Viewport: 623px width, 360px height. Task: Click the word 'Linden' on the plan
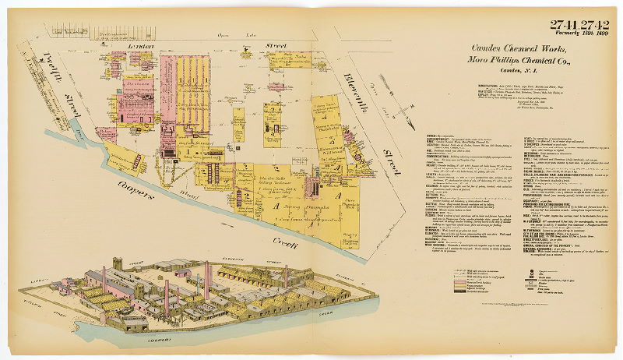pos(140,48)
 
